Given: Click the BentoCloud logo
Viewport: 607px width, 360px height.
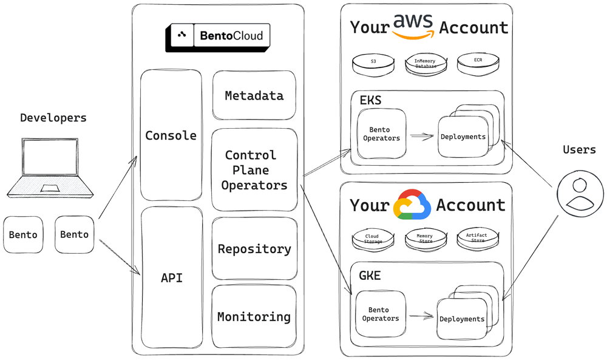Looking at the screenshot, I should click(217, 36).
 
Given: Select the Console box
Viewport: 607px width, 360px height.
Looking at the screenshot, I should click(171, 135).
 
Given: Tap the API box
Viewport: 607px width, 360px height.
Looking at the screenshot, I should click(171, 278).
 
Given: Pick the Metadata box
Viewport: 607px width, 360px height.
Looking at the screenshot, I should click(254, 95).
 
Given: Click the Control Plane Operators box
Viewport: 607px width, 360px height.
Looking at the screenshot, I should click(254, 170).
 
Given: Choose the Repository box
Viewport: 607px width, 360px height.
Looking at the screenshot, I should click(254, 249).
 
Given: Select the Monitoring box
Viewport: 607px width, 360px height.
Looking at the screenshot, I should click(254, 317).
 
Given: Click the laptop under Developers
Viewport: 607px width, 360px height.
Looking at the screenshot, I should click(50, 167).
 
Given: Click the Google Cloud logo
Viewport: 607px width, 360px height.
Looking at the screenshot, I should click(412, 204).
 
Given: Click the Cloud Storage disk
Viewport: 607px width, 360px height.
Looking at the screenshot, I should click(372, 239).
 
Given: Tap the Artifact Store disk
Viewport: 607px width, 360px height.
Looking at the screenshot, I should click(476, 238).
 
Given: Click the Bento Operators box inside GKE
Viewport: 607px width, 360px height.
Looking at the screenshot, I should click(381, 314).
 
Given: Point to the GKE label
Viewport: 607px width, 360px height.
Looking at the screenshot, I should click(370, 276).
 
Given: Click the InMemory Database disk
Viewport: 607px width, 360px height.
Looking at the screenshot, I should click(425, 63).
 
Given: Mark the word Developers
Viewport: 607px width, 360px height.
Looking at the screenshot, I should click(53, 118).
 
